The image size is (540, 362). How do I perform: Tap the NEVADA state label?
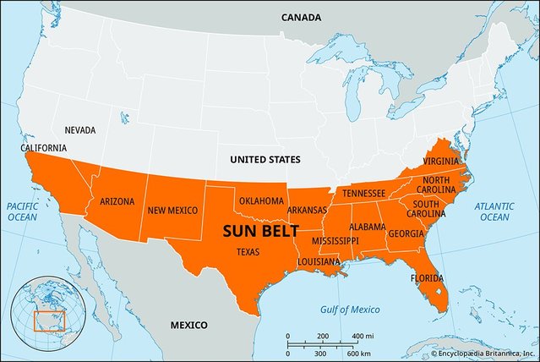point(80,130)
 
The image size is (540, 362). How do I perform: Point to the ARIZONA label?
point(117,202)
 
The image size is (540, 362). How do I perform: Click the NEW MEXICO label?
point(172,210)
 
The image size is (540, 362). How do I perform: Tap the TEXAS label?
point(248,251)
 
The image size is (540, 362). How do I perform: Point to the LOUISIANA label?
point(319,261)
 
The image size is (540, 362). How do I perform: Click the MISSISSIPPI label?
point(335,241)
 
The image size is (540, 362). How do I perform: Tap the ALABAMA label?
point(368,227)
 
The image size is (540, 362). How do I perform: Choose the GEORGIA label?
point(406,233)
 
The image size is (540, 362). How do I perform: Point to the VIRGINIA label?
point(442,161)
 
